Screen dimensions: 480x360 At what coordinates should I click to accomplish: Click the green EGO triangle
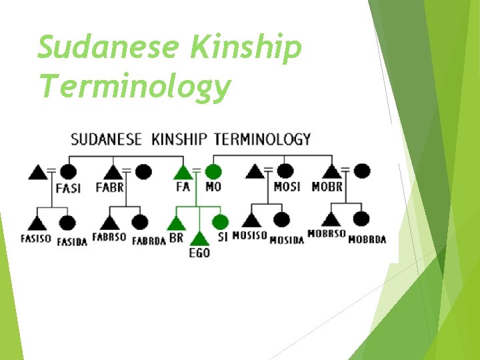click(x=199, y=238)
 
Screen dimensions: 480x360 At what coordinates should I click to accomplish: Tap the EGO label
click(x=199, y=253)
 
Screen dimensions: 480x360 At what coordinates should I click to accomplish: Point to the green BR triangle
click(x=176, y=222)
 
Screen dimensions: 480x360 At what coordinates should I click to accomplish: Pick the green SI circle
click(x=221, y=222)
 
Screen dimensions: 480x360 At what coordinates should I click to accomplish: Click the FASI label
click(x=68, y=188)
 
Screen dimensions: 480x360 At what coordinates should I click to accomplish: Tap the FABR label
click(x=110, y=187)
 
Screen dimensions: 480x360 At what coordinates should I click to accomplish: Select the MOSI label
click(x=287, y=187)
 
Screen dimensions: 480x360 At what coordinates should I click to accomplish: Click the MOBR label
click(x=327, y=187)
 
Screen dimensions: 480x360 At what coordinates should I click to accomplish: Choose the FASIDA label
click(x=72, y=241)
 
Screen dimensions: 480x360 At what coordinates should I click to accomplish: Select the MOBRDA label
click(x=367, y=239)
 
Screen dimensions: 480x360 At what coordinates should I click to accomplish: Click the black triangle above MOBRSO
click(x=332, y=219)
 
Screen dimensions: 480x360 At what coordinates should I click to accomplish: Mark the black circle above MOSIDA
click(x=281, y=219)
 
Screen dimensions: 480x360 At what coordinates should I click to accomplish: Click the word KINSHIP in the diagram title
click(x=180, y=139)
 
